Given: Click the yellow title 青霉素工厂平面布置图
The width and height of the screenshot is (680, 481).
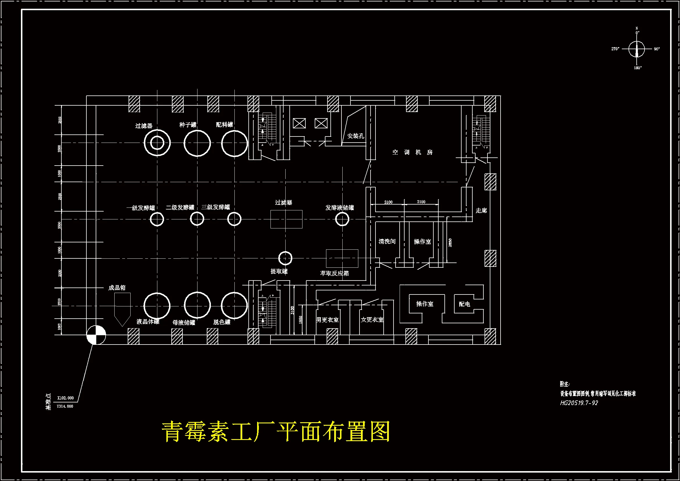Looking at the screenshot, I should [275, 432].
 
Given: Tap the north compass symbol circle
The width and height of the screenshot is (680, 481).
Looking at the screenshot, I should [636, 49].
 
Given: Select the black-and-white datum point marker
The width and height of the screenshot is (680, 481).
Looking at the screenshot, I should [96, 335].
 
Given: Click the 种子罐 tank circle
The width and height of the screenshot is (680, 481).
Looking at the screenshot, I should [197, 143].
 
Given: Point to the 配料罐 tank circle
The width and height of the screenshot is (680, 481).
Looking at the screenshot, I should [234, 143].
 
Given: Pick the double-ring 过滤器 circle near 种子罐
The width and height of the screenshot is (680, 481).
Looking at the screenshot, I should [157, 143].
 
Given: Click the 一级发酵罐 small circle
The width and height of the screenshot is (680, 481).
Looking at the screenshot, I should [157, 219].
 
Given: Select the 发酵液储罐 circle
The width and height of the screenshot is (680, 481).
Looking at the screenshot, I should [342, 219].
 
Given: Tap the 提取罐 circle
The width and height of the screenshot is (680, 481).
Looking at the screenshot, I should [285, 258].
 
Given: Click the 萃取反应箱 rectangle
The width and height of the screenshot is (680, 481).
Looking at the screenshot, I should [342, 258].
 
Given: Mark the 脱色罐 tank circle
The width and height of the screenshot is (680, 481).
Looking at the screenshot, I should [234, 306].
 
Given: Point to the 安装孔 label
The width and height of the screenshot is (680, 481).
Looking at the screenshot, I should [355, 136].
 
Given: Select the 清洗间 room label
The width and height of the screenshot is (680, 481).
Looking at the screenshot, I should [387, 242].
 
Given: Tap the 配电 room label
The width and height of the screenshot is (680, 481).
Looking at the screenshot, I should [464, 304].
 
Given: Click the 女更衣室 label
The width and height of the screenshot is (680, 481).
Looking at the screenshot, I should [372, 320].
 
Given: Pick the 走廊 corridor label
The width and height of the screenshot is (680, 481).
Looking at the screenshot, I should [481, 210].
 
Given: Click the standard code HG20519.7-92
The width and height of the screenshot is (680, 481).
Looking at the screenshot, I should [579, 403].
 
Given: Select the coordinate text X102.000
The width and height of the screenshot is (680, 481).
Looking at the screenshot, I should [65, 398].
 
